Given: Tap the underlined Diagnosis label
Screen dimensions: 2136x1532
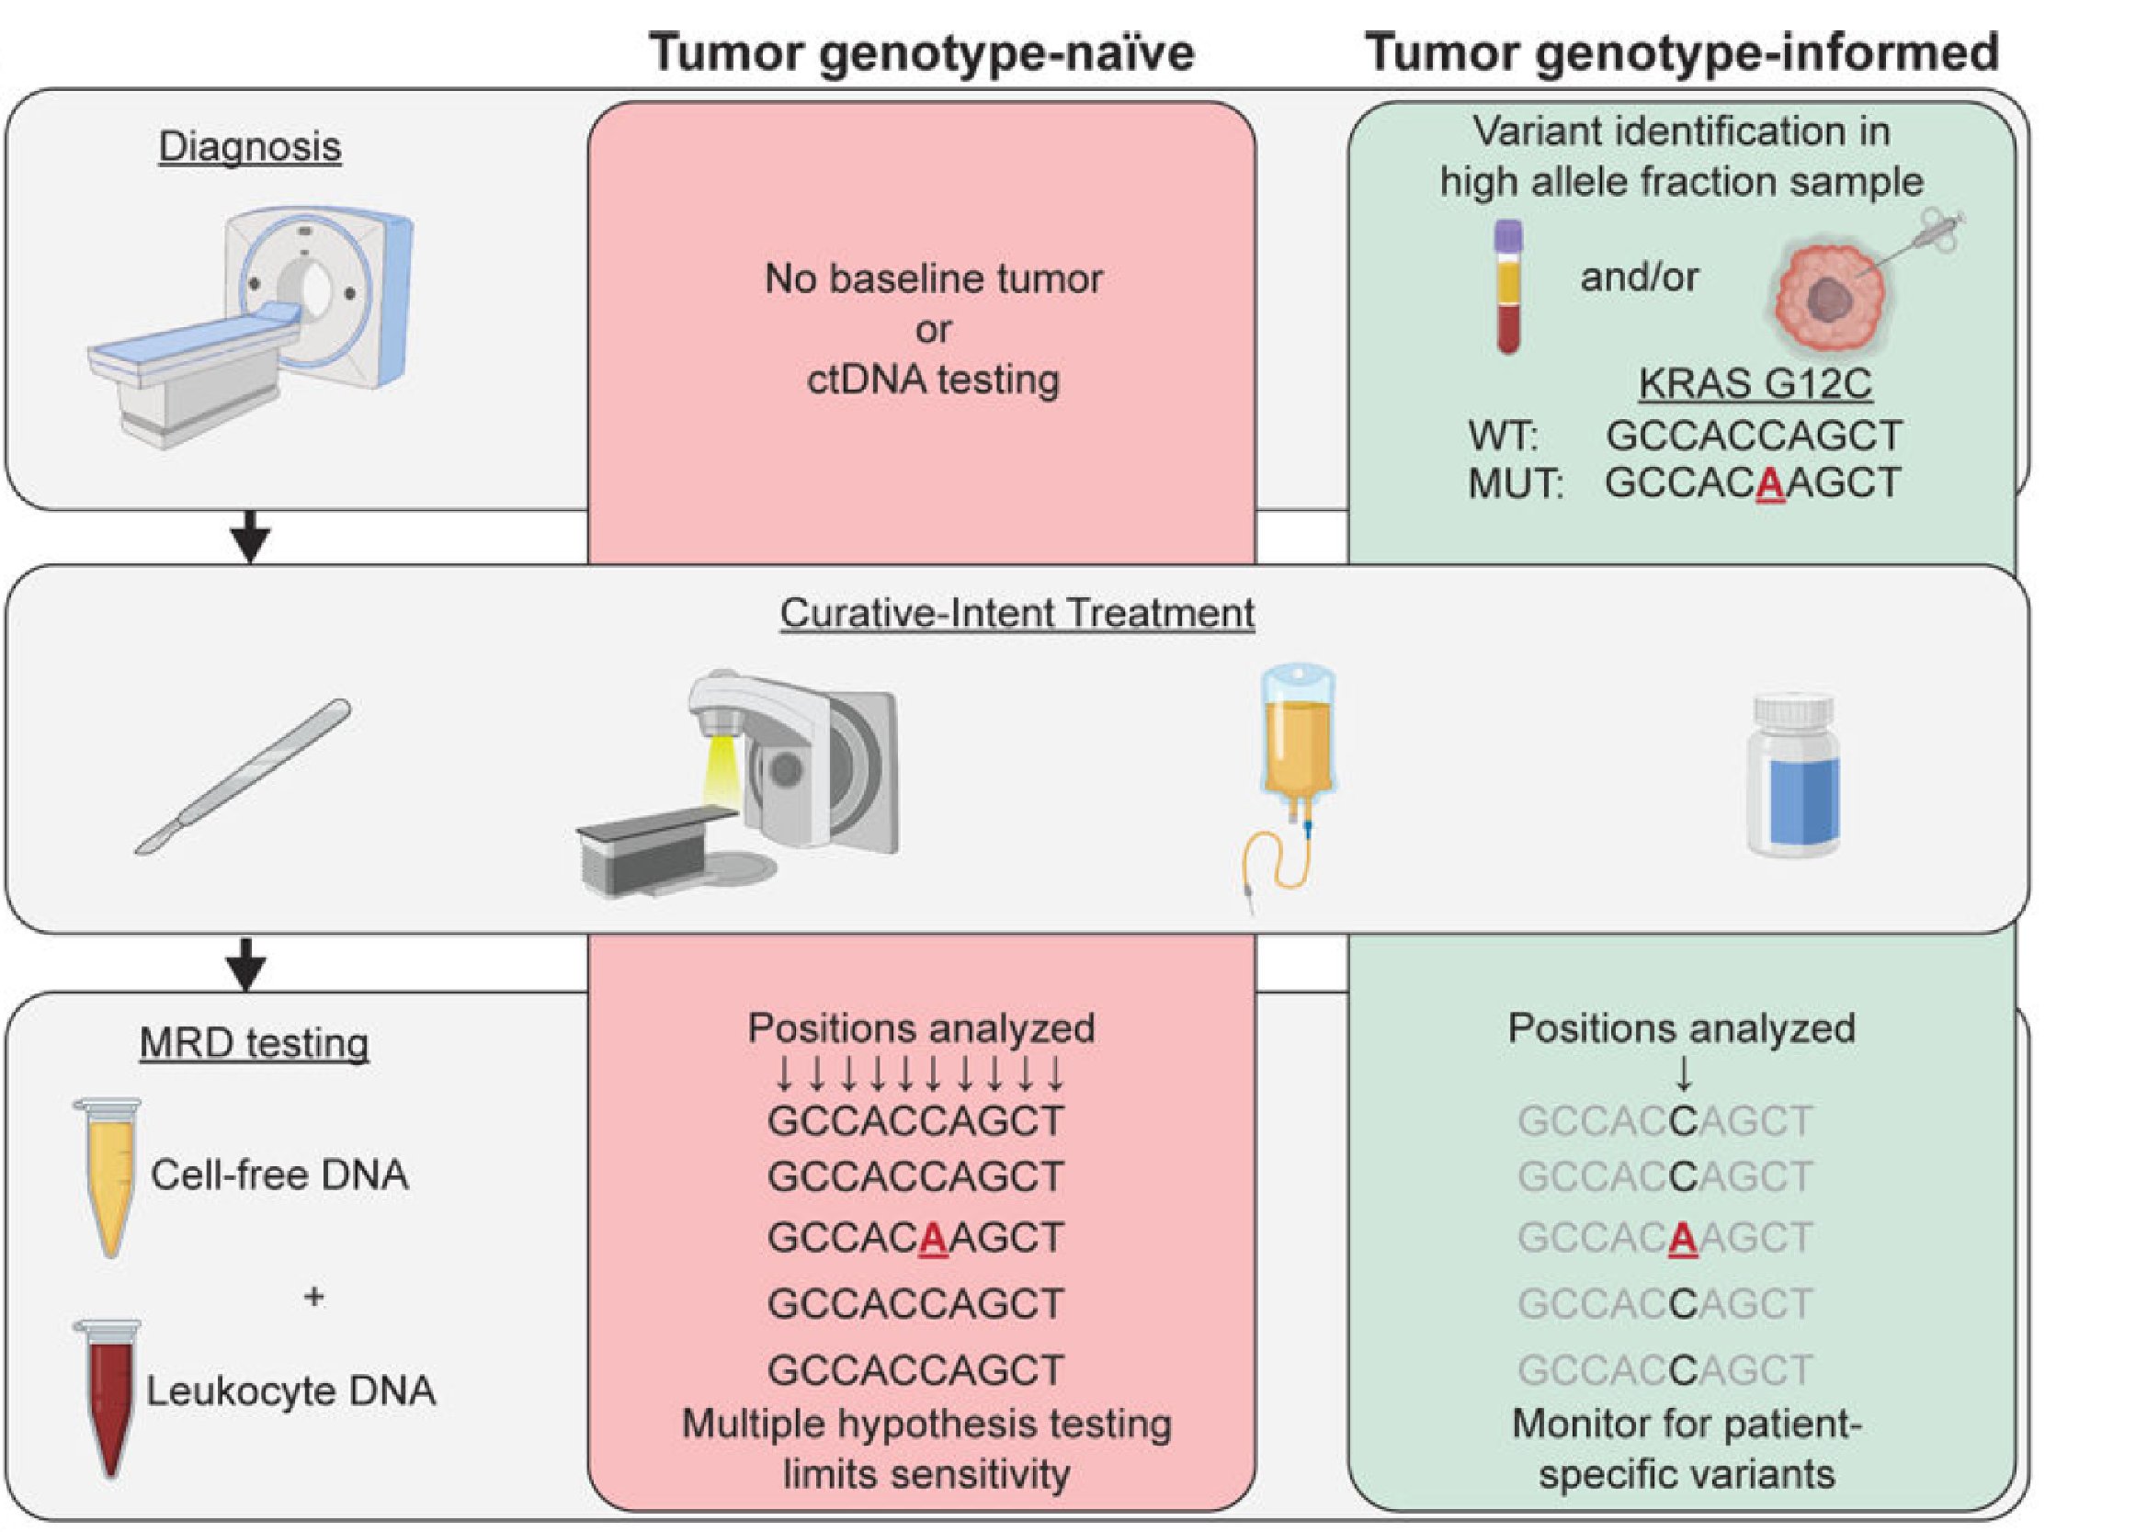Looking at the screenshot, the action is tap(250, 147).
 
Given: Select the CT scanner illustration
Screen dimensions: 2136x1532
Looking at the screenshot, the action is tap(251, 328).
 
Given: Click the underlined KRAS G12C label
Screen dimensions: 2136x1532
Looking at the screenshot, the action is tap(1755, 383).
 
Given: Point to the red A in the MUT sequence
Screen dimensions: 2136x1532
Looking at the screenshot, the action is tap(1770, 483).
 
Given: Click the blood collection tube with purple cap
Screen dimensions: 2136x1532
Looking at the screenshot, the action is tap(1509, 286).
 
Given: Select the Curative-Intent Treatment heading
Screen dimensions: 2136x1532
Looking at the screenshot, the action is tap(1017, 613).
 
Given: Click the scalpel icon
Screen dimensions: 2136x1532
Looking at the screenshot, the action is tap(243, 777).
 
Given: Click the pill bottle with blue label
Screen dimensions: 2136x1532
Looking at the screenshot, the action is tap(1792, 774).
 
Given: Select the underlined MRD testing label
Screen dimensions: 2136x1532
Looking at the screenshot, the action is tap(255, 1043).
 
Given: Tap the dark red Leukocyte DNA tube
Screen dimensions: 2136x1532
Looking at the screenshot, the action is tap(108, 1400).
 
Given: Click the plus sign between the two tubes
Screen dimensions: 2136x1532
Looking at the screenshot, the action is tap(314, 1297).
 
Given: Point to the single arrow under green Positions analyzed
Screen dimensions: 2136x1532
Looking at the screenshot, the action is tap(1684, 1074).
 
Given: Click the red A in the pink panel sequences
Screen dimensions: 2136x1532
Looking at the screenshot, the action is tap(932, 1238).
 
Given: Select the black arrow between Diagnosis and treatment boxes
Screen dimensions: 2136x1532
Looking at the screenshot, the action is tap(251, 538).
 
